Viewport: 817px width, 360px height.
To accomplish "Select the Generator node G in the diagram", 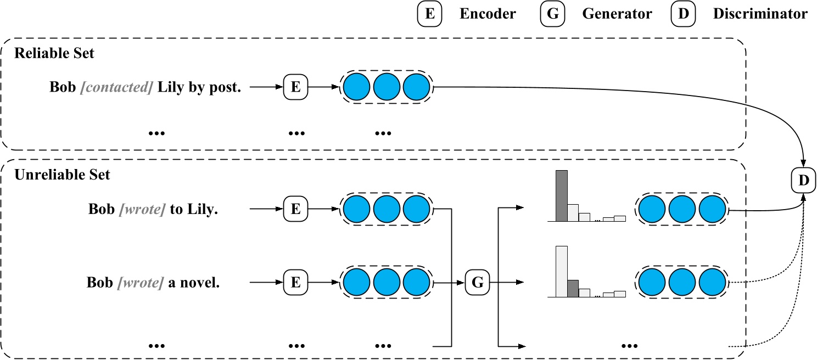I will tap(478, 283).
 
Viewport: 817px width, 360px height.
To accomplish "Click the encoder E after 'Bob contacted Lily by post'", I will tap(295, 88).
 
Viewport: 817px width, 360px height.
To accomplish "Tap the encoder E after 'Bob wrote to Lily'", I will tap(295, 209).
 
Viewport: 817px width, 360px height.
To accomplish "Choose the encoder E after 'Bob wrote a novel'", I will tap(295, 283).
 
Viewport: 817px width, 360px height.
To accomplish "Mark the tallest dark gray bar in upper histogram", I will tap(561, 195).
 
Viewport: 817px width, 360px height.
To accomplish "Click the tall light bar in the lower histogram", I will tap(561, 271).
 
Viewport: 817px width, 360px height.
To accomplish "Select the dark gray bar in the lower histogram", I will tap(573, 288).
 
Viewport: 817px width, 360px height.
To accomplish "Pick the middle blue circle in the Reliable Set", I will tap(387, 88).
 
